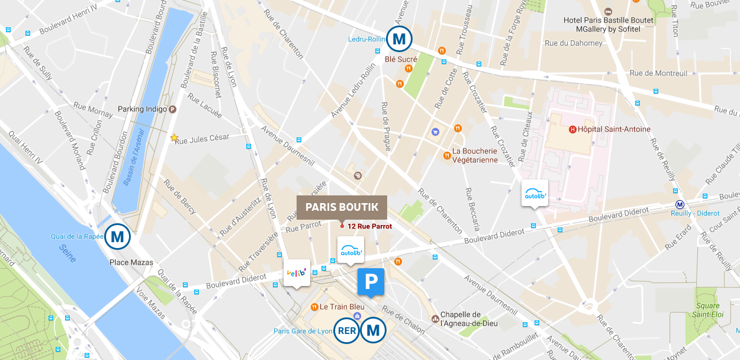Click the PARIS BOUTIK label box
pos(342,207)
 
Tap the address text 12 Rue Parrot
pos(369,226)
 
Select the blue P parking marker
pos(371,281)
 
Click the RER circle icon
pos(346,330)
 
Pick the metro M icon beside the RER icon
pos(373,330)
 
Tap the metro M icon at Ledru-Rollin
pos(399,40)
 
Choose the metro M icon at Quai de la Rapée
pos(117,237)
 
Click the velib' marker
pos(297,272)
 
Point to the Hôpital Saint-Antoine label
pos(613,129)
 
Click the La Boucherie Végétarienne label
pos(475,155)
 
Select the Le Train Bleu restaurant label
pos(342,307)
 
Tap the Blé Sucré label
pos(401,59)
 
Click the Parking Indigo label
pos(143,109)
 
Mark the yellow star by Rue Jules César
pos(174,137)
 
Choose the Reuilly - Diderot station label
pos(699,213)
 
